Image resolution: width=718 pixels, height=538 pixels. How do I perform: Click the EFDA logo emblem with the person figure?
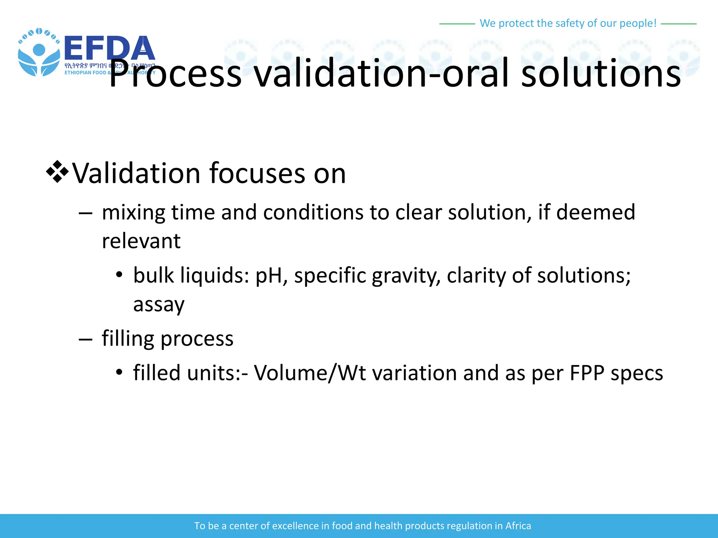[39, 53]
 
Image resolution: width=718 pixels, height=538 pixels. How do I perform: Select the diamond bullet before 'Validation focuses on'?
[57, 172]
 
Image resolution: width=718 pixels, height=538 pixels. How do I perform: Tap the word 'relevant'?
[141, 241]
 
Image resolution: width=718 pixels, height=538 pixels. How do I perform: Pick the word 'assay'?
[158, 304]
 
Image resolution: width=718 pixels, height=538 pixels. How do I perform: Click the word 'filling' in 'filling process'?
[128, 339]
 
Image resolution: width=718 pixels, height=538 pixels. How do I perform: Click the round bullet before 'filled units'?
[119, 372]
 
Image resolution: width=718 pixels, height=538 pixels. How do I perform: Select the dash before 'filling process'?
[86, 339]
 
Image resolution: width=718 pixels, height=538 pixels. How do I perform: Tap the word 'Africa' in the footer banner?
[518, 526]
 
